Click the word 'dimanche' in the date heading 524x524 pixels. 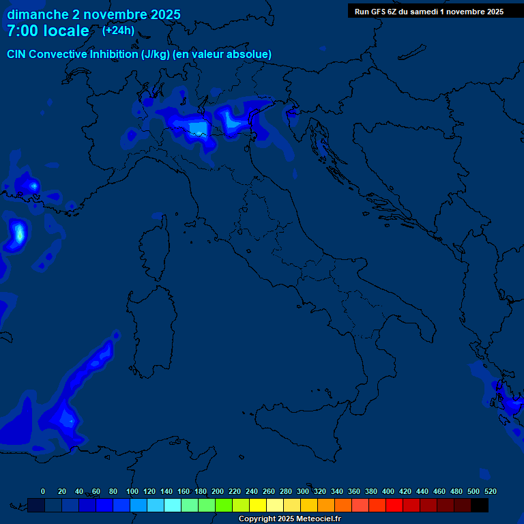[37, 14]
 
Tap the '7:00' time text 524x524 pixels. [22, 31]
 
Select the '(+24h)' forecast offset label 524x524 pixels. [118, 30]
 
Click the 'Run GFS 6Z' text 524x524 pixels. [375, 12]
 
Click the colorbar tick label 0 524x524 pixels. [43, 491]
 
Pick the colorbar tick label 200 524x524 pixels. [218, 491]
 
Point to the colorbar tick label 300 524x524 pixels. [303, 491]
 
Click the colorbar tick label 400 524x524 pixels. [388, 491]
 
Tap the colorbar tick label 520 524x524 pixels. [490, 491]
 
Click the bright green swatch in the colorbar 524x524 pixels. [224, 505]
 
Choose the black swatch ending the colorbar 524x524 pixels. [480, 505]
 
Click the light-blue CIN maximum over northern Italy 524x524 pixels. [199, 128]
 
